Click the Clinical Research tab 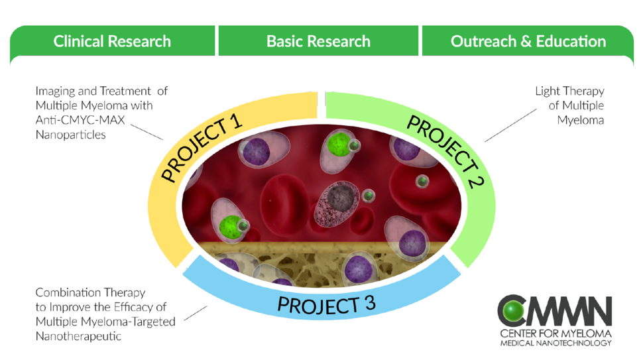[112, 41]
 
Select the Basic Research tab [318, 41]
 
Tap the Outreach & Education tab [528, 41]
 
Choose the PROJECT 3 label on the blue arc [326, 304]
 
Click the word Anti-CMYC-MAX [80, 120]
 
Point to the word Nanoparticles [70, 135]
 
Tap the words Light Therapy [569, 91]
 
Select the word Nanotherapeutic [78, 336]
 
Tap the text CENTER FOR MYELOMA [555, 333]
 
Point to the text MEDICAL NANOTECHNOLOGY [555, 343]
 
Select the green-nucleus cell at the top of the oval [337, 147]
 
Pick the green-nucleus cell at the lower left [229, 221]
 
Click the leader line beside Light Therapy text [510, 125]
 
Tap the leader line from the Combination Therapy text [196, 313]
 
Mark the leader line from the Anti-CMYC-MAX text [146, 132]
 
